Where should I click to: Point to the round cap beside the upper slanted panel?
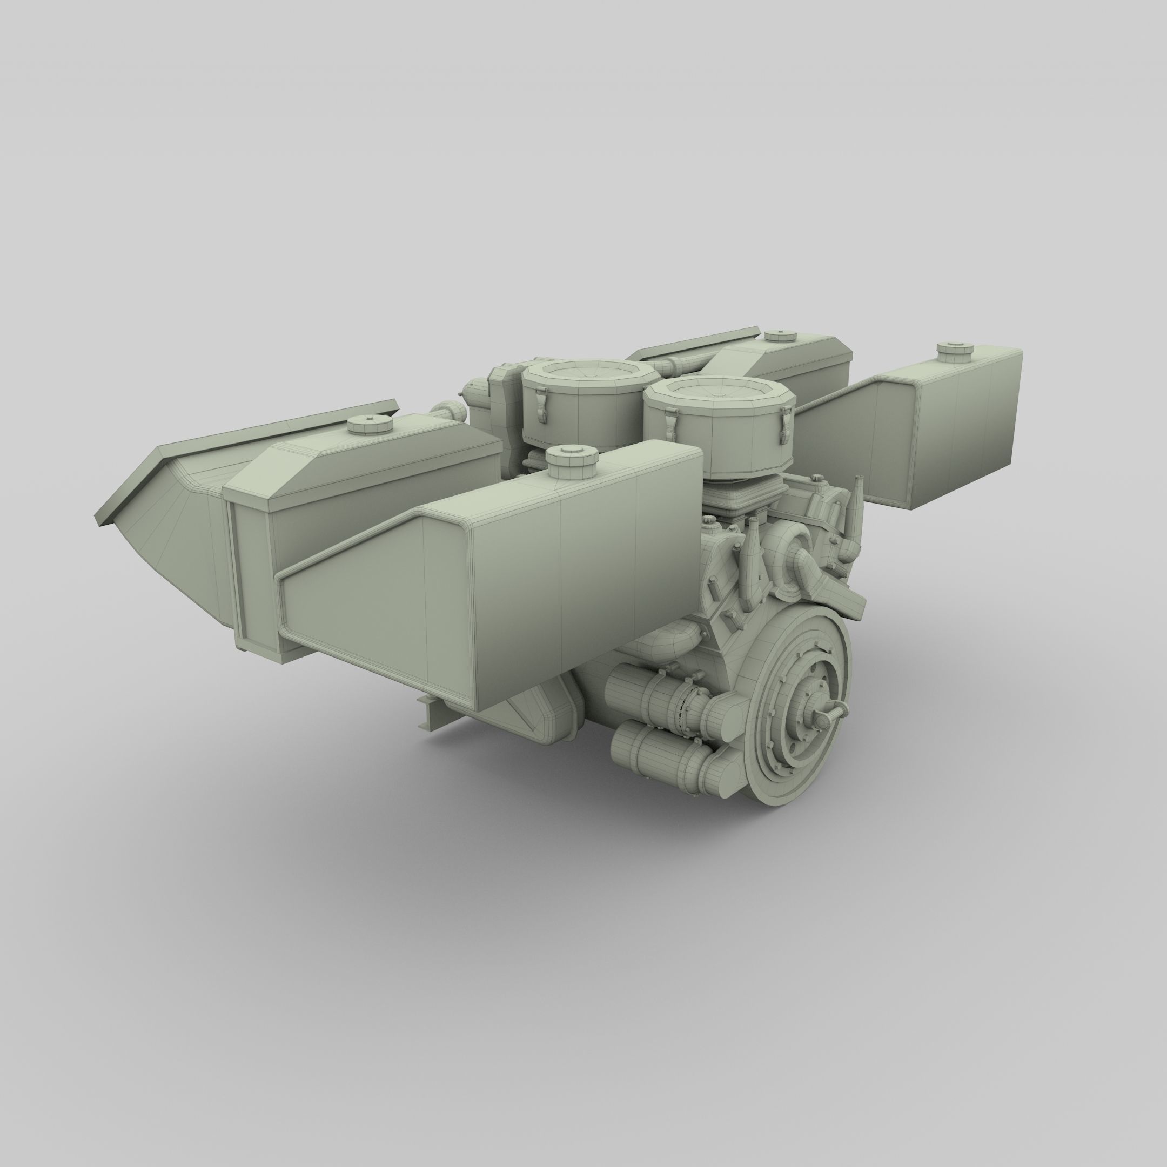pos(773,337)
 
